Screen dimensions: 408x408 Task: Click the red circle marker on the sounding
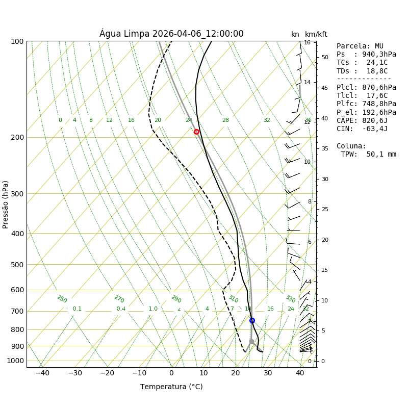tap(196, 132)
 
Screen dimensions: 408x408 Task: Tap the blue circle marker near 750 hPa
tap(252, 320)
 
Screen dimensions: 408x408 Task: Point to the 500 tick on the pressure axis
tap(18, 265)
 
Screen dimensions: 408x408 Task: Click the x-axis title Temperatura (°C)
tap(171, 387)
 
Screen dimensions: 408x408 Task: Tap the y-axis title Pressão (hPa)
tap(6, 204)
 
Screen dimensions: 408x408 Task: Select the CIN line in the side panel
tap(362, 129)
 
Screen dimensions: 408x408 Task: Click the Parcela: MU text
tap(360, 46)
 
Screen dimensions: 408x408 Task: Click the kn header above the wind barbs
tap(295, 35)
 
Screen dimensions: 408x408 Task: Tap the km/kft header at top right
tap(316, 35)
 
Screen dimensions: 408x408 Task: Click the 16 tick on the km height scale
tap(307, 43)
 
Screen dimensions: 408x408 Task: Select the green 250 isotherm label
tap(62, 299)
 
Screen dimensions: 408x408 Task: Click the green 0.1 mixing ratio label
tap(77, 309)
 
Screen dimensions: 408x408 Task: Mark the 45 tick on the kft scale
tap(324, 88)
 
